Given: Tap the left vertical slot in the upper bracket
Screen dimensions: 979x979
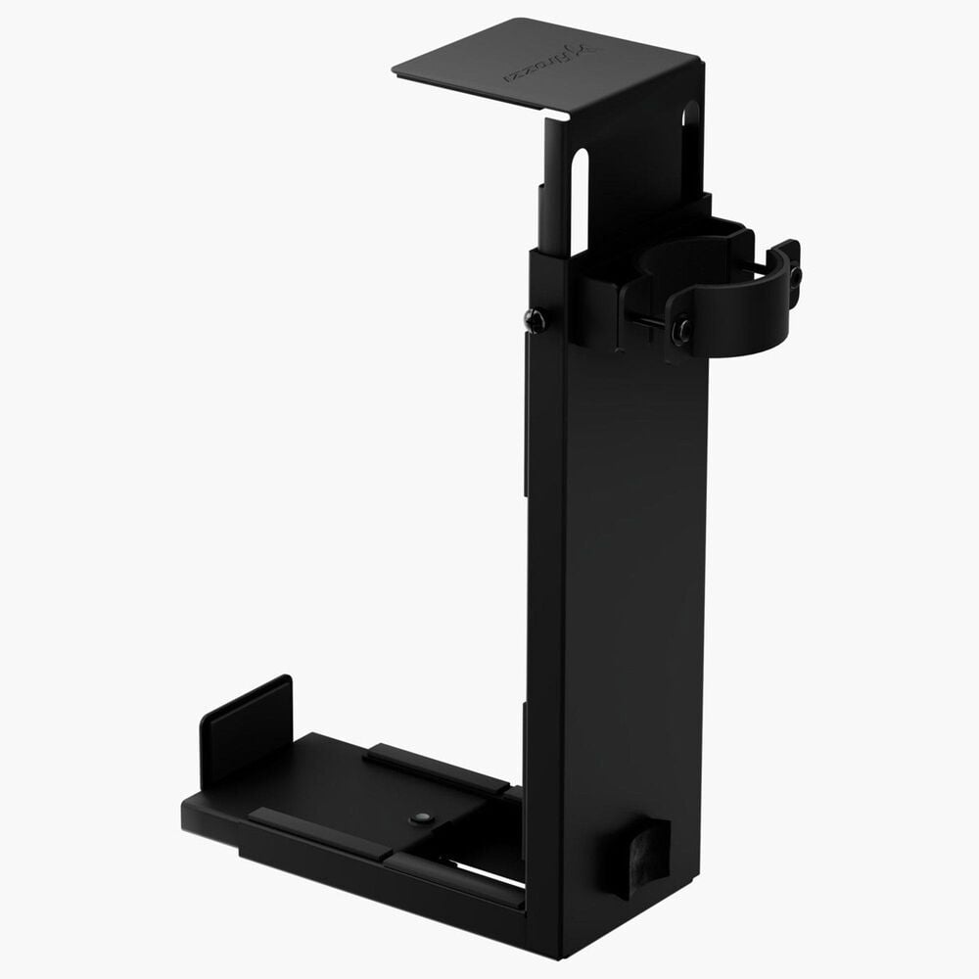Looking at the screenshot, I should pos(579,201).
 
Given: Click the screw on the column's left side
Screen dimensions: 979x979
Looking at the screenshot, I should pos(535,319).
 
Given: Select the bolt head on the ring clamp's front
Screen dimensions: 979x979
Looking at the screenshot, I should pos(681,330).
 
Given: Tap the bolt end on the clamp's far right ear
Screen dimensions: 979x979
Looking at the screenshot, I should pos(795,277).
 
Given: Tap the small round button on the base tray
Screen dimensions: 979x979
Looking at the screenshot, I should pos(421,816).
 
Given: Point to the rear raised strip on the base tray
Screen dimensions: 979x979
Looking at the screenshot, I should pos(436,769).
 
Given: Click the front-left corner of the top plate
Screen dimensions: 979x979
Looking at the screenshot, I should pos(396,69).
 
